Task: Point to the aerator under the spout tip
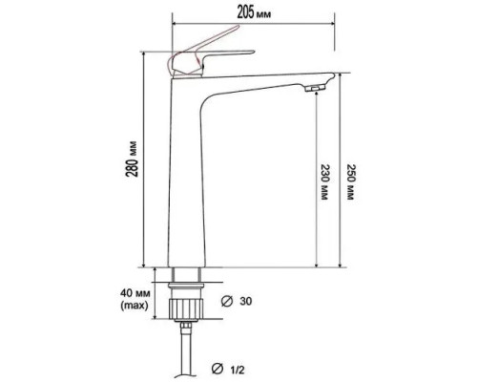pyautogui.click(x=313, y=88)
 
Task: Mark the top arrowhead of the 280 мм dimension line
pyautogui.click(x=144, y=54)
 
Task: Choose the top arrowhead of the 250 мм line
pyautogui.click(x=340, y=75)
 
